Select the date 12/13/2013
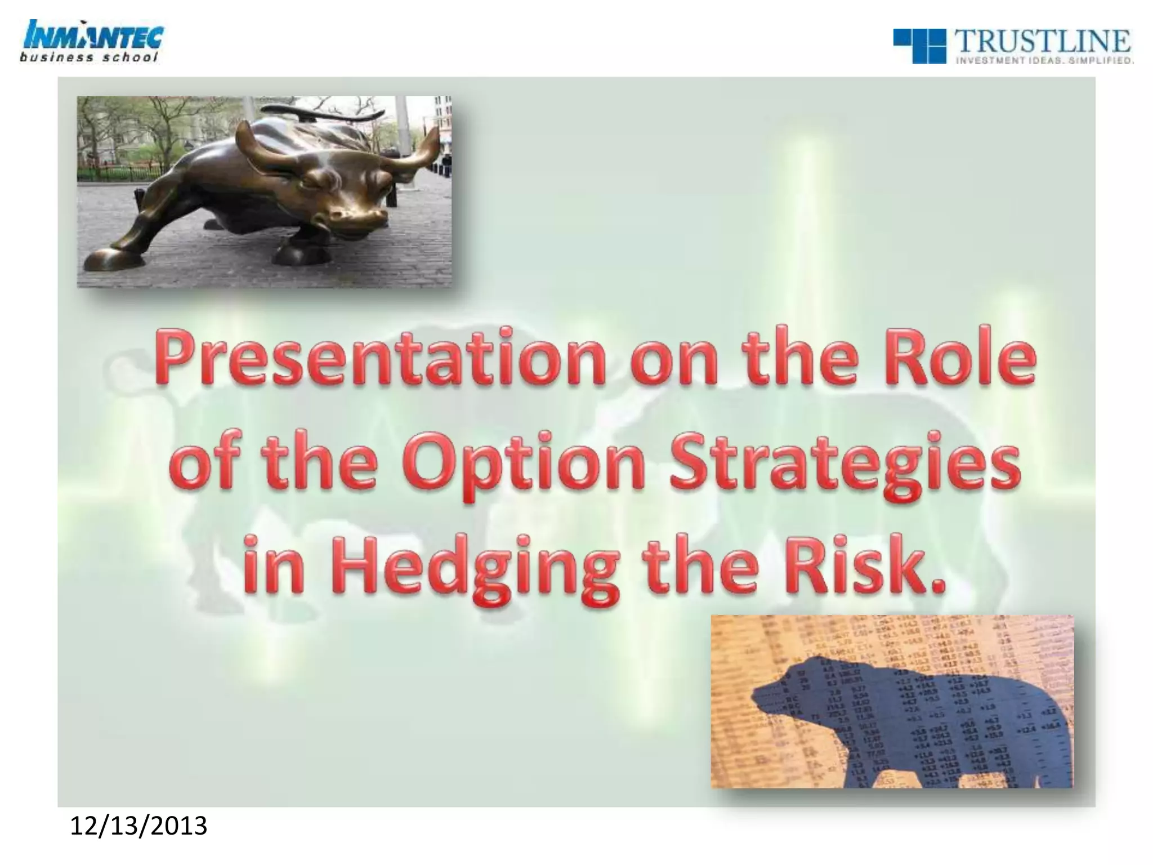point(138,826)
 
